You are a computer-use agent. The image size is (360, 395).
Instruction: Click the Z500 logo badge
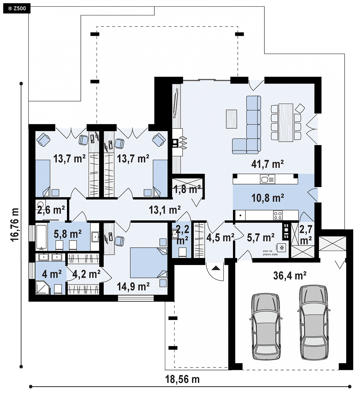[x=17, y=8]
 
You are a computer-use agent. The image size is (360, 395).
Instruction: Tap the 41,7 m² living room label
[x=268, y=164]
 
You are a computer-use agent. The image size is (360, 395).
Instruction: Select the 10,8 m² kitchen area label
[x=268, y=198]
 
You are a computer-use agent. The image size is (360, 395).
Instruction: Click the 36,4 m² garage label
[x=290, y=276]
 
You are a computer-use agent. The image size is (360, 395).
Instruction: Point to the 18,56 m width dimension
[x=182, y=379]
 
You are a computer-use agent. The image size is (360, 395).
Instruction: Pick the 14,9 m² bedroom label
[x=133, y=287]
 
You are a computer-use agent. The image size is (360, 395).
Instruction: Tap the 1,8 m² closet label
[x=187, y=189]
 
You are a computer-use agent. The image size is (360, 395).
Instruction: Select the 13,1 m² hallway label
[x=165, y=210]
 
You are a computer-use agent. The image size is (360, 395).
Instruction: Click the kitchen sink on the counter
[x=268, y=179]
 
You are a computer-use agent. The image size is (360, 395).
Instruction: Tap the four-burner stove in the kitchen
[x=278, y=215]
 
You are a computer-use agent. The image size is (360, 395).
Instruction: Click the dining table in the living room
[x=286, y=123]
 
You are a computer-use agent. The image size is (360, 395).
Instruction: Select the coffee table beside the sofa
[x=231, y=119]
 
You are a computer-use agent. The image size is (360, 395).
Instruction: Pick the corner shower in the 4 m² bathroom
[x=43, y=288]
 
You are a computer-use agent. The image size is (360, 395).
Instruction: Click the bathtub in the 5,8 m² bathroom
[x=42, y=236]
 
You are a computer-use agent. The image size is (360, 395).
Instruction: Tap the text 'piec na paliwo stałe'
[x=270, y=253]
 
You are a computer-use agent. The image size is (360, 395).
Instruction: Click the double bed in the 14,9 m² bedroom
[x=149, y=262]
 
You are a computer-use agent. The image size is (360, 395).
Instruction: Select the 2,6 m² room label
[x=51, y=210]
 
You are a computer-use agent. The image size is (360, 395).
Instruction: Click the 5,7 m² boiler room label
[x=261, y=238]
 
